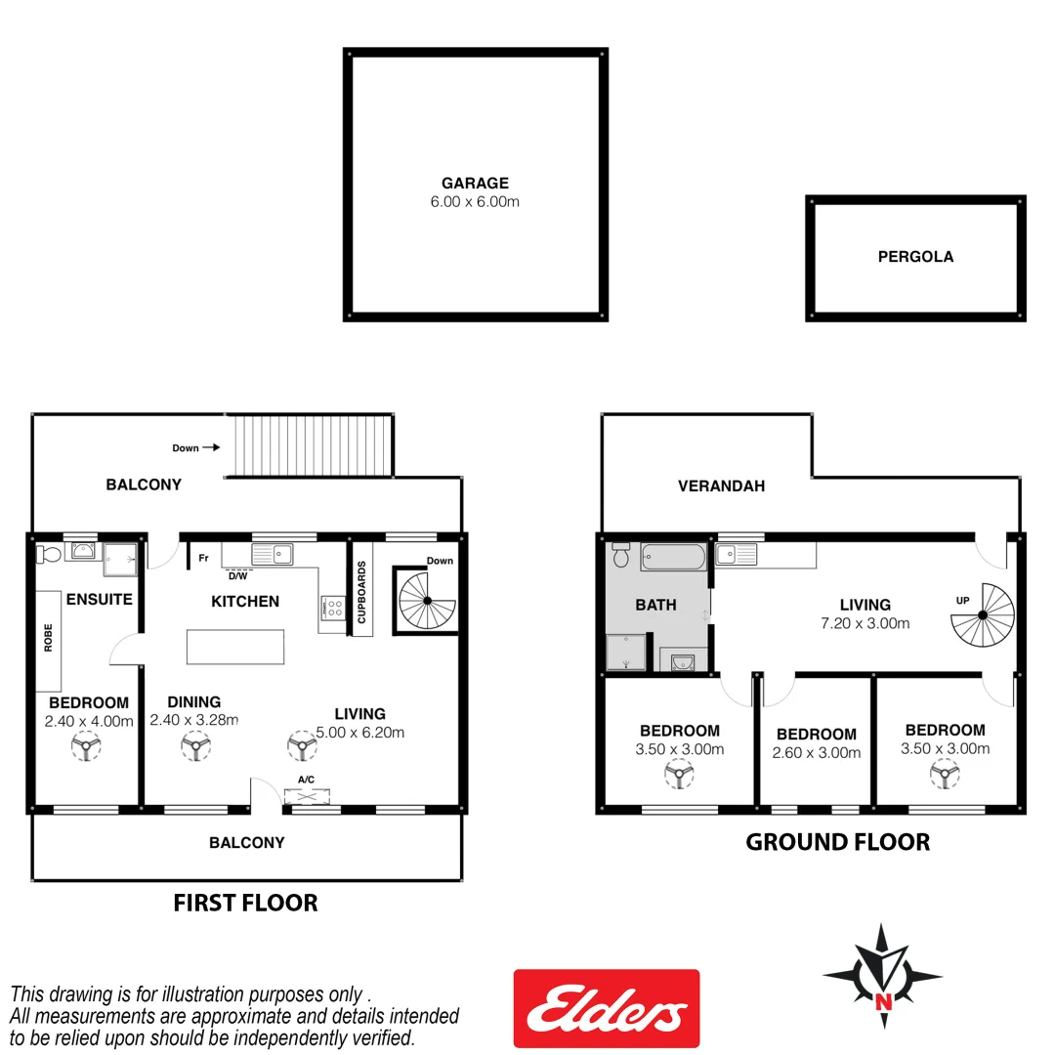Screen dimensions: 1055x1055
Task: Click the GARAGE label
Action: point(475,183)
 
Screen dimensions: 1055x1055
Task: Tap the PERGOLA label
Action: point(915,257)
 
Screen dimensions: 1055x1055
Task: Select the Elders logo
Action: point(607,1008)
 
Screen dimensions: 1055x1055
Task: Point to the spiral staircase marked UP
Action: point(984,613)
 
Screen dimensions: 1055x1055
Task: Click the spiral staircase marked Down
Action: point(425,601)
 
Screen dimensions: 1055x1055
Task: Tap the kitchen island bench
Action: point(235,648)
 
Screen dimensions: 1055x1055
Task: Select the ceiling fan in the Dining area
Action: point(195,747)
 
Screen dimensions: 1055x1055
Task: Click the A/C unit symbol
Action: point(307,795)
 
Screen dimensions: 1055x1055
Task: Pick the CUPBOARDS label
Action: point(361,592)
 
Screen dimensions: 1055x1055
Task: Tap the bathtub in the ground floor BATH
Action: point(672,558)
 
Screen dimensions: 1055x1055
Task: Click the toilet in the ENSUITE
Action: point(47,555)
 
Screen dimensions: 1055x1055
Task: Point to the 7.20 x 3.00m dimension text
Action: point(865,623)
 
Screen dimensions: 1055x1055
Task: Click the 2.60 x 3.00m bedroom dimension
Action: point(816,753)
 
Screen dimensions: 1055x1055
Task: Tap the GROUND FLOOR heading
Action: point(837,842)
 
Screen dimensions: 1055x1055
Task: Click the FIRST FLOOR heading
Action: point(245,903)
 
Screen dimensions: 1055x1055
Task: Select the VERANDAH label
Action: point(721,485)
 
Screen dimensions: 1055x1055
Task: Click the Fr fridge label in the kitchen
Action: point(203,559)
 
